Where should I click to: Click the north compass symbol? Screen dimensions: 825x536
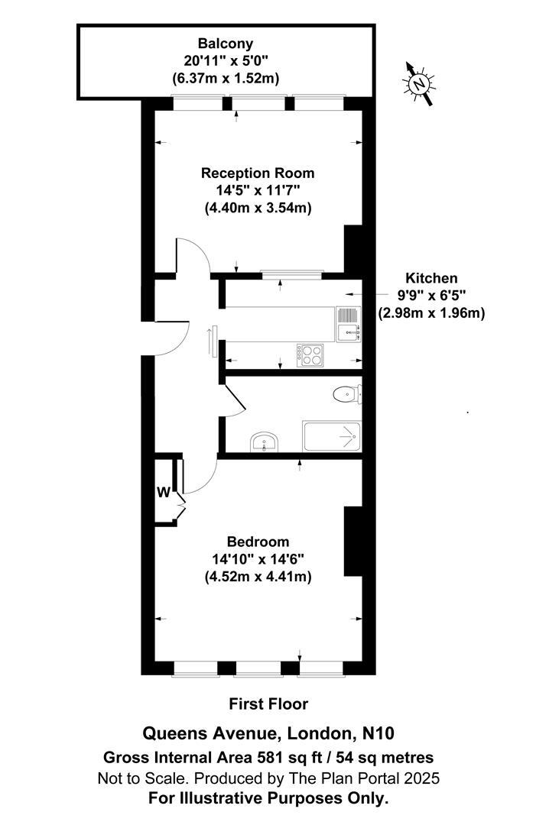pos(419,84)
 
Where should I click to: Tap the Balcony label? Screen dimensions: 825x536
pos(226,44)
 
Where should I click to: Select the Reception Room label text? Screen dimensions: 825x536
pos(258,173)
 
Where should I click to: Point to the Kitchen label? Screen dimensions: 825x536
pos(431,279)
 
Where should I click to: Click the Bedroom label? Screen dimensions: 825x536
pos(258,543)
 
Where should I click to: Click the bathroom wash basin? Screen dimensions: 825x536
pos(265,442)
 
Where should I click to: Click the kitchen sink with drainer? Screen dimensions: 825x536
pos(348,323)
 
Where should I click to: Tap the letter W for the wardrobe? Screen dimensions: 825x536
pos(163,493)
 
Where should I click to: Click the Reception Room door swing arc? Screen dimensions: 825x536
pos(193,256)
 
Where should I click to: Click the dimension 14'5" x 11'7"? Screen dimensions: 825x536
pos(258,190)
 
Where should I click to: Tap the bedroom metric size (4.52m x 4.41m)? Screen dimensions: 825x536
pos(258,577)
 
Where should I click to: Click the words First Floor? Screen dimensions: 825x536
pos(268,704)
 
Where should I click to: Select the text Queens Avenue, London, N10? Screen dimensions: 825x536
pos(268,734)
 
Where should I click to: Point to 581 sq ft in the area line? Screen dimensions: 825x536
pos(280,758)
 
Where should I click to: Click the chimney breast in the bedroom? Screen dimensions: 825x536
pos(352,541)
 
